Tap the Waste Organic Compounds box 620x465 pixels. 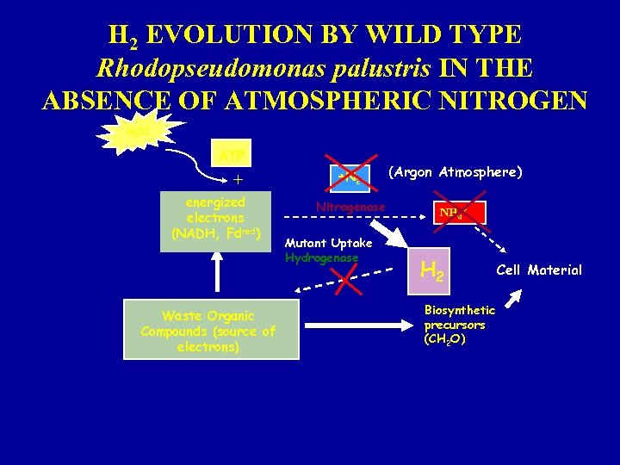(x=211, y=329)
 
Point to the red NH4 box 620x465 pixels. (x=460, y=213)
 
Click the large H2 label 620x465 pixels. (x=431, y=272)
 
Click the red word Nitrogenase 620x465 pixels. (x=350, y=207)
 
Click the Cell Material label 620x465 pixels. (x=539, y=270)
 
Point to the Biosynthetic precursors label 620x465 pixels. (x=459, y=324)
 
